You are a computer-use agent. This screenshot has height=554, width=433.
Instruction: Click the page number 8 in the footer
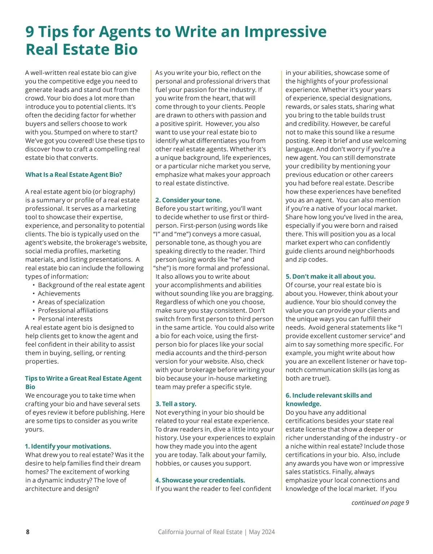(x=28, y=532)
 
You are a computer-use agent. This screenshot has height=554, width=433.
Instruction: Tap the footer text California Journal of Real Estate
(x=200, y=532)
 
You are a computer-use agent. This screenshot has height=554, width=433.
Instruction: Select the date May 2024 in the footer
(x=262, y=532)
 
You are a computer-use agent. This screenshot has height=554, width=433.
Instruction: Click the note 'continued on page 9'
(x=380, y=502)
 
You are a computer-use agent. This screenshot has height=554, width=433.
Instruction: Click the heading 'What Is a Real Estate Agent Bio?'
(x=74, y=175)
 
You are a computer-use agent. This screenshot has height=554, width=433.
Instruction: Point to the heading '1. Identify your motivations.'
(x=68, y=446)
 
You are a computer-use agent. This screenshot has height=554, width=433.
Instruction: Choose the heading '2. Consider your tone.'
(x=189, y=200)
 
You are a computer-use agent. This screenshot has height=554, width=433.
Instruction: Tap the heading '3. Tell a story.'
(x=176, y=404)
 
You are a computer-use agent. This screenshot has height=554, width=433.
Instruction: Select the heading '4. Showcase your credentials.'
(x=200, y=480)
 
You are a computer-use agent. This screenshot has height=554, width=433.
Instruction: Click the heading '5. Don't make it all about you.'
(x=331, y=276)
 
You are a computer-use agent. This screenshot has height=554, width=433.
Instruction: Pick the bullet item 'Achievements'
(x=59, y=293)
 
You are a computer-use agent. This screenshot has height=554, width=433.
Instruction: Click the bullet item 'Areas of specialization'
(x=71, y=302)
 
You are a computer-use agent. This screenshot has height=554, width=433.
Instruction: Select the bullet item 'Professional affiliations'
(x=73, y=310)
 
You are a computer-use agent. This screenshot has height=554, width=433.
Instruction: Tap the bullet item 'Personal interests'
(x=65, y=319)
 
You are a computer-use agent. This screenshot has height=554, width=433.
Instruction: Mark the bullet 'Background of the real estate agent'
(x=91, y=285)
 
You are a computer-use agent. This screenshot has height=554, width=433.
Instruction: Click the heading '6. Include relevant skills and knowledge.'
(x=328, y=400)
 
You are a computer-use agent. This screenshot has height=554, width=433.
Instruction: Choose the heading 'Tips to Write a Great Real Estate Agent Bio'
(x=83, y=383)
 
